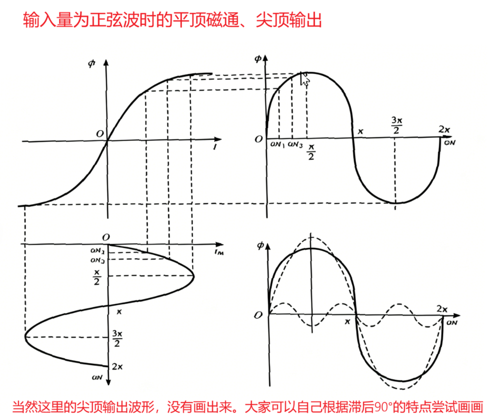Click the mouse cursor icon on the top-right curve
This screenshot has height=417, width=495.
pyautogui.click(x=304, y=79)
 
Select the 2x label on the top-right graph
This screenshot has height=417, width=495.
pyautogui.click(x=444, y=129)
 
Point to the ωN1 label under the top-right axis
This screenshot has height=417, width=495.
pyautogui.click(x=278, y=144)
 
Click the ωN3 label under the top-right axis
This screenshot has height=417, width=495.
pyautogui.click(x=295, y=144)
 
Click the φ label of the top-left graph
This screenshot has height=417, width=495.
pyautogui.click(x=91, y=64)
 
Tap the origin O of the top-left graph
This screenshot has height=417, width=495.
pyautogui.click(x=100, y=133)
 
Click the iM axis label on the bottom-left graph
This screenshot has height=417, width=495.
pyautogui.click(x=219, y=252)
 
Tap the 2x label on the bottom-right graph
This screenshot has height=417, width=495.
pyautogui.click(x=442, y=309)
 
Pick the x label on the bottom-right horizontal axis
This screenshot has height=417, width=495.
pyautogui.click(x=347, y=322)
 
